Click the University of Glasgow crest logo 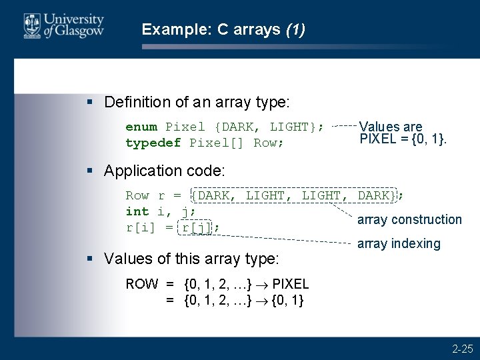click(31, 26)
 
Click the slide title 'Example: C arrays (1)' click(223, 29)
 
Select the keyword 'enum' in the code click(141, 127)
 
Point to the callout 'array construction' click(409, 219)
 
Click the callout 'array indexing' click(399, 243)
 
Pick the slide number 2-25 click(462, 348)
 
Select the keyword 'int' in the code click(137, 211)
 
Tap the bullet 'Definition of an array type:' click(197, 102)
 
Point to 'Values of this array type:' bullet click(192, 258)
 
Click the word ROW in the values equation click(142, 284)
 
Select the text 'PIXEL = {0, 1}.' click(403, 139)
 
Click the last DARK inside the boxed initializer click(376, 195)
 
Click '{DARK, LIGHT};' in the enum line click(269, 127)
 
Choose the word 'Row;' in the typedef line click(269, 143)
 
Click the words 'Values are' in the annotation click(391, 127)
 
